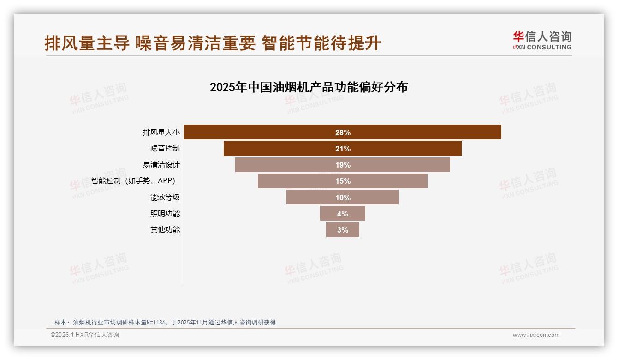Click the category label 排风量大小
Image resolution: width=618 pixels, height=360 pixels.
coord(161,132)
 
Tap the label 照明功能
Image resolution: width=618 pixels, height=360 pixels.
coord(165,214)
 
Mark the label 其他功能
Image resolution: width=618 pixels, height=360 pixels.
coord(165,230)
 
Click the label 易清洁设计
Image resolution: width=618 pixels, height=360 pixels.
coord(161,165)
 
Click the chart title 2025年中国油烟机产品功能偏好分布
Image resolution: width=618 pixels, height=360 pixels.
coord(309,87)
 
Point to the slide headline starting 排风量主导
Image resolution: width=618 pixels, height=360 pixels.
coord(213,43)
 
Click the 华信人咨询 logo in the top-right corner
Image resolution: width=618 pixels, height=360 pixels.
coord(542,41)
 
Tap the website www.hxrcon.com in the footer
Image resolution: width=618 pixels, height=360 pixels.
coord(536,335)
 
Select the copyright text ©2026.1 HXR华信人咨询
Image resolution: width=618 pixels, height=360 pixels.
coord(85,335)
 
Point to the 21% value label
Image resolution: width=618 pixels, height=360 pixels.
coord(343,149)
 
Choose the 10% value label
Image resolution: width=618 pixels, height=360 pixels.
coord(343,198)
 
